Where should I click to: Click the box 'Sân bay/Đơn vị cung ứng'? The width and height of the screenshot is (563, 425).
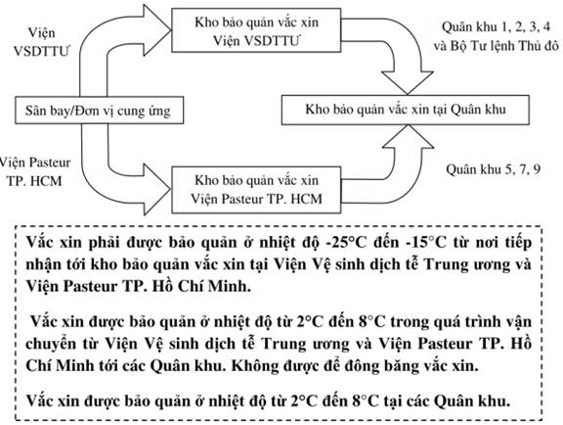tap(99, 110)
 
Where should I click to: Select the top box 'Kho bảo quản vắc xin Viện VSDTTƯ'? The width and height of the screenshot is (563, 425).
tap(256, 30)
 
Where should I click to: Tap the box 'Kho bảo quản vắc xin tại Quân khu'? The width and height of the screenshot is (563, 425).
tap(405, 110)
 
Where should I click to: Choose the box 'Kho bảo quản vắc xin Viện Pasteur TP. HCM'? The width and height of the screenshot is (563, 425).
tap(256, 190)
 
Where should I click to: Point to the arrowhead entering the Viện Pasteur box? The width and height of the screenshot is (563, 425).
tap(157, 189)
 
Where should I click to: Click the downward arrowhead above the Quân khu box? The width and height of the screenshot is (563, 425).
tap(408, 83)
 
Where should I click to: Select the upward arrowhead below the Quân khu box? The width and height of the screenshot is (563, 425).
tap(409, 137)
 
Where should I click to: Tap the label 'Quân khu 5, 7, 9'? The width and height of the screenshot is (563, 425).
tap(493, 169)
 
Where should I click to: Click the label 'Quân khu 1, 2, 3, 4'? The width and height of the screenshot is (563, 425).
tap(496, 27)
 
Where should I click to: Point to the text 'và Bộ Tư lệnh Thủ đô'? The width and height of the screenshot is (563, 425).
tap(496, 46)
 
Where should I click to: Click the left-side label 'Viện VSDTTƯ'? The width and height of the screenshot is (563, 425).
tap(42, 42)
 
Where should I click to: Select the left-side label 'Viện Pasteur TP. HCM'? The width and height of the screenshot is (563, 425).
tap(35, 171)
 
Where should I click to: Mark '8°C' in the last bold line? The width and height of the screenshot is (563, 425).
tap(367, 401)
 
